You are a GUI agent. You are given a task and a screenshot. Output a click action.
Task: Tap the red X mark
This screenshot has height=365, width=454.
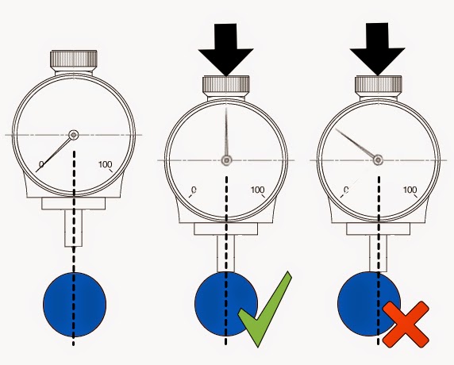tap(406, 324)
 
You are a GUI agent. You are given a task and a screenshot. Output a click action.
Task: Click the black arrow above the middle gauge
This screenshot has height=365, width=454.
tap(226, 50)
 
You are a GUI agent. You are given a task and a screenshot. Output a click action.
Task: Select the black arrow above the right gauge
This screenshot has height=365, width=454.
tap(377, 50)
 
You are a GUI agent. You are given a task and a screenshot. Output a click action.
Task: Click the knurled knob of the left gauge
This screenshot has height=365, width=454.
tap(74, 59)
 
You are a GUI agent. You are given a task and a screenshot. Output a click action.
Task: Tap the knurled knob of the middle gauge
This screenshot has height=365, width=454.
tap(226, 85)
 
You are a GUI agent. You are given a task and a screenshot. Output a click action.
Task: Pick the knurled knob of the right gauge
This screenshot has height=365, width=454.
tap(378, 85)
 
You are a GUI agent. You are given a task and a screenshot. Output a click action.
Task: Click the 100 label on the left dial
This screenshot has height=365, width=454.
tap(105, 164)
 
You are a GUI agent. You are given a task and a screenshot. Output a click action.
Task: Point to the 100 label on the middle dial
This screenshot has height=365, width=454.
tap(257, 190)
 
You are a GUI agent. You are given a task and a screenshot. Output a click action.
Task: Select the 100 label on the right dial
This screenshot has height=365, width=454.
tap(410, 190)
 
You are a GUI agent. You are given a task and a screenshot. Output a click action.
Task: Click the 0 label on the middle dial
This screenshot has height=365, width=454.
tap(194, 190)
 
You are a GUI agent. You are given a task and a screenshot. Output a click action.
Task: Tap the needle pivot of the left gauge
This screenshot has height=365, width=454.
tap(74, 135)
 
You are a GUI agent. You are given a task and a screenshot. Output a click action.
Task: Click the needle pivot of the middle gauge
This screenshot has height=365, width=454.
tap(226, 160)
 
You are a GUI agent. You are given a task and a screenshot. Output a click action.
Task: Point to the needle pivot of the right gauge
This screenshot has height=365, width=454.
tap(378, 159)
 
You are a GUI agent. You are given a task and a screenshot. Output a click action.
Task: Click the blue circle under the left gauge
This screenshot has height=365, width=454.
tap(75, 305)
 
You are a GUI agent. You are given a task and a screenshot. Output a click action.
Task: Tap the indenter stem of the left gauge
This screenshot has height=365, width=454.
tap(74, 228)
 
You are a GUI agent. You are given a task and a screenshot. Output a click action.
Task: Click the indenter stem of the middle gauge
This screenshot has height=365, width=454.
tap(226, 254)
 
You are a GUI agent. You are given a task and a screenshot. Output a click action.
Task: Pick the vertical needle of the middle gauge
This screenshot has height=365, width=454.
tap(226, 132)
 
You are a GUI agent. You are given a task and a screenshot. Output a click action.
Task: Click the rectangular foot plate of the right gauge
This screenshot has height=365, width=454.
tap(379, 229)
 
